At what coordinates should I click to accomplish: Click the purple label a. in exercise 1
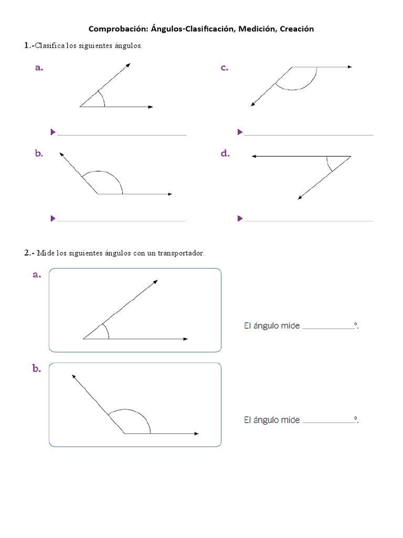38,67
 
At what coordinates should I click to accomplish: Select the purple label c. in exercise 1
225,67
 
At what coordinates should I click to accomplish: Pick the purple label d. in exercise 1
225,153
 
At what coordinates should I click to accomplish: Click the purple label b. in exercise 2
37,369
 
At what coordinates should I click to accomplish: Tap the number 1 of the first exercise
27,46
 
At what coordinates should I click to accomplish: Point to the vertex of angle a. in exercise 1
80,107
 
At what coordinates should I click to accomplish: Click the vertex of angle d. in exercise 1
351,156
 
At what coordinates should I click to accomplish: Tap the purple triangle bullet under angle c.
240,132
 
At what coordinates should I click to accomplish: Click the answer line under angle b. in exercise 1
122,221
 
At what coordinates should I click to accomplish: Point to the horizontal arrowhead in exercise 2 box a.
185,339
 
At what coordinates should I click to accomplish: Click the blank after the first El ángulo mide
328,328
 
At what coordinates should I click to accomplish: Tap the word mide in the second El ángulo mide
290,420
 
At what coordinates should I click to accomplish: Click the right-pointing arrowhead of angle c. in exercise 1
349,67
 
